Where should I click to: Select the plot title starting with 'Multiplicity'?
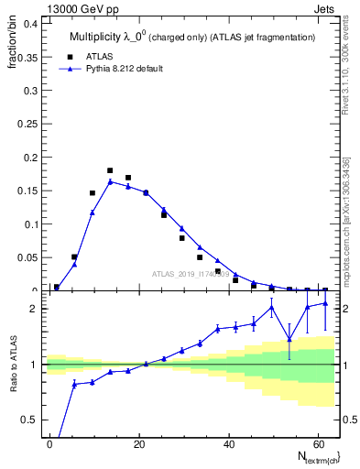tap(192, 37)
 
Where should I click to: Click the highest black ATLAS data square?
tap(110, 170)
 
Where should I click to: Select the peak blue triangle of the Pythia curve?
tap(110, 181)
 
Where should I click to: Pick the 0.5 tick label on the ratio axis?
tap(31, 420)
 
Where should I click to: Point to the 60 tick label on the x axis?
tap(317, 443)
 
